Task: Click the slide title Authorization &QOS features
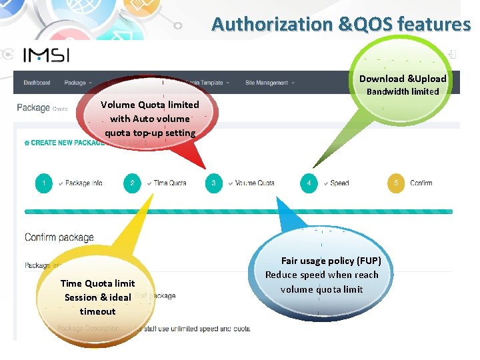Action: pyautogui.click(x=341, y=25)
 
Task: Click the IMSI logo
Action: pyautogui.click(x=47, y=55)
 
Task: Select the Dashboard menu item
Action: pyautogui.click(x=37, y=83)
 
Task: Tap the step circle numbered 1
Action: pyautogui.click(x=44, y=183)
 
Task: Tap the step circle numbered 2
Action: pyautogui.click(x=132, y=183)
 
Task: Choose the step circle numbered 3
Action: pyautogui.click(x=213, y=183)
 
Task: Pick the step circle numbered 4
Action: pyautogui.click(x=309, y=183)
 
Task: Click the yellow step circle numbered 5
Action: pyautogui.click(x=396, y=183)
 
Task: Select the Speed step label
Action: pyautogui.click(x=339, y=183)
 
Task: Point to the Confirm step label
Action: pyautogui.click(x=421, y=183)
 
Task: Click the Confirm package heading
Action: pyautogui.click(x=59, y=237)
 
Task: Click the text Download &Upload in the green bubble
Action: pyautogui.click(x=403, y=79)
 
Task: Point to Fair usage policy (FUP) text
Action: pyautogui.click(x=331, y=261)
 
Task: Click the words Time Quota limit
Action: pyautogui.click(x=97, y=283)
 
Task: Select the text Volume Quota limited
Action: pyautogui.click(x=149, y=105)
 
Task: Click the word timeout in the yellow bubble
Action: pyautogui.click(x=97, y=311)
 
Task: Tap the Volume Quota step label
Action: pyautogui.click(x=255, y=183)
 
